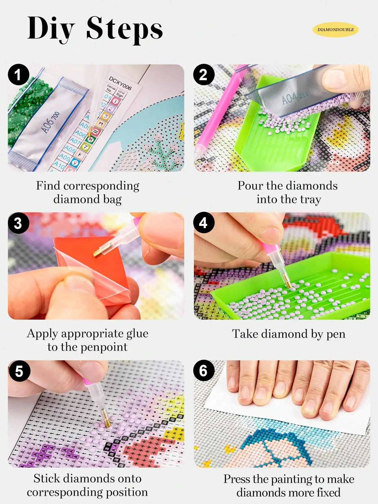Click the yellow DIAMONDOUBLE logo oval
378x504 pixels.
point(335,30)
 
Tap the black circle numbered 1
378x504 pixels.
point(18,75)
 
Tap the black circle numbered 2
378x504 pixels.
point(204,75)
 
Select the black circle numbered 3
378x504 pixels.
point(18,223)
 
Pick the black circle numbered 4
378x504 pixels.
point(204,223)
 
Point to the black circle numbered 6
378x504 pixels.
point(204,371)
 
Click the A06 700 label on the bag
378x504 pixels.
point(51,122)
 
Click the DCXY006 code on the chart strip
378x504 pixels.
point(120,83)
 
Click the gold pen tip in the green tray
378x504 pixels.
point(288,283)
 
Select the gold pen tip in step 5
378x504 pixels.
point(107,422)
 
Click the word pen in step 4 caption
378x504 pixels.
point(335,334)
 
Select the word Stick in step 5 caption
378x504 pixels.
point(47,479)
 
